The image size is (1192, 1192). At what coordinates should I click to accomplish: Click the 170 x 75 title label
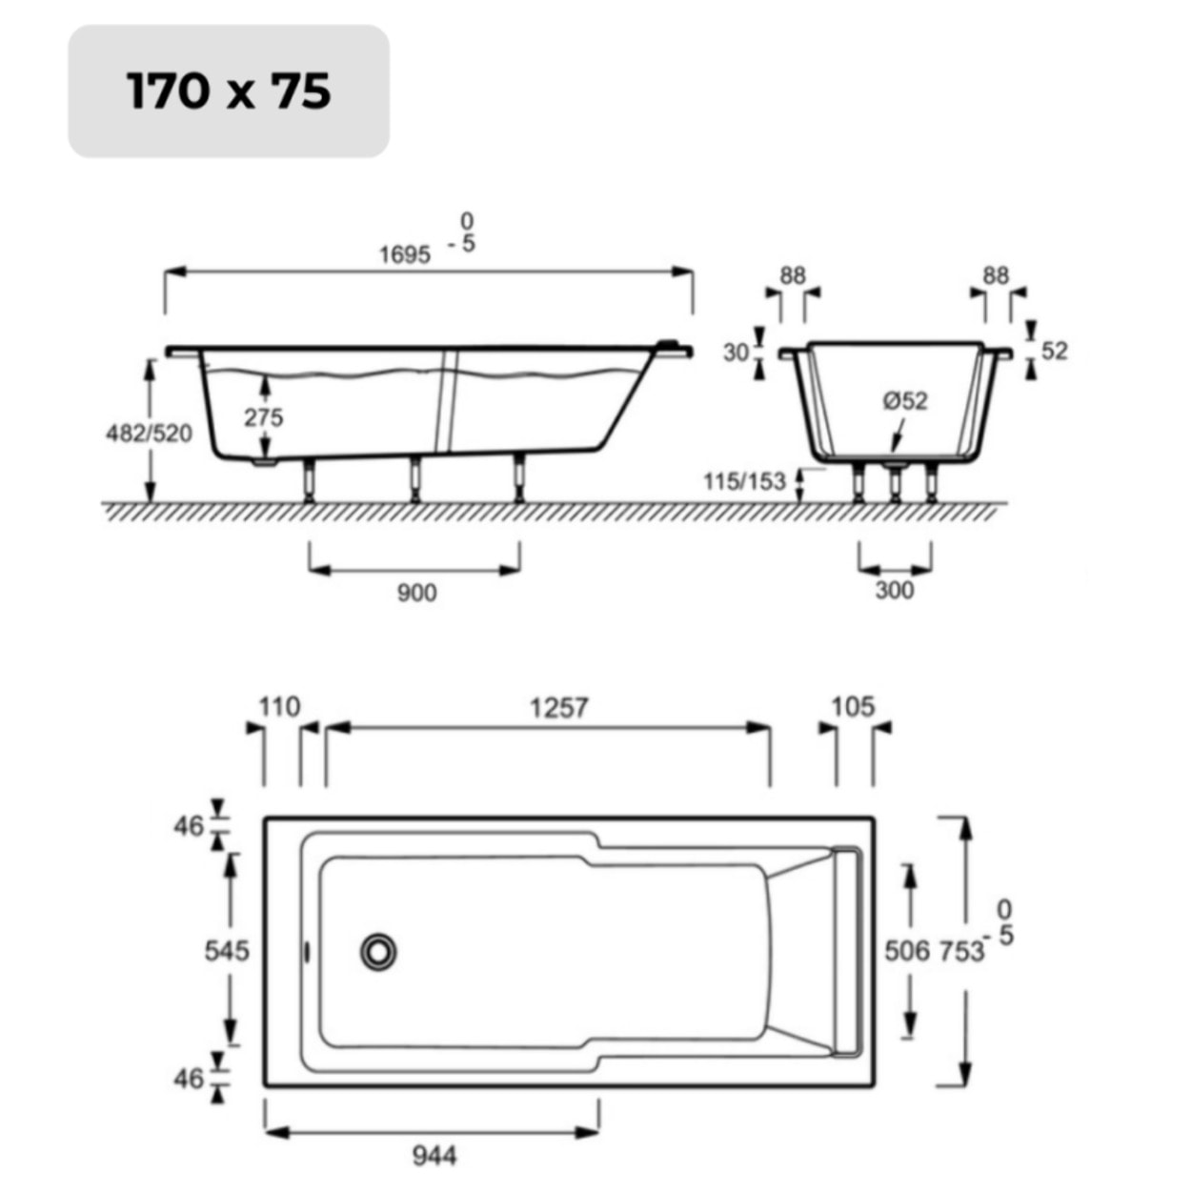pos(229,91)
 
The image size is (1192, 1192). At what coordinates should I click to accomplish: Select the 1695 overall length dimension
pos(405,254)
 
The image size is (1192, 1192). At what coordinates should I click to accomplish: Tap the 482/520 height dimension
pos(148,434)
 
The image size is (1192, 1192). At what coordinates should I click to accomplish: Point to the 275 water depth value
pos(263,417)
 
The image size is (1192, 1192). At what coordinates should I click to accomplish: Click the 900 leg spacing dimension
pos(416,593)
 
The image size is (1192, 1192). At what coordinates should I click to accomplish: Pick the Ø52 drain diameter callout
pos(904,401)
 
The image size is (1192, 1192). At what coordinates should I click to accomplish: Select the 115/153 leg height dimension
pos(745,481)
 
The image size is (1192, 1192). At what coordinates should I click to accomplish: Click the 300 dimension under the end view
pos(894,591)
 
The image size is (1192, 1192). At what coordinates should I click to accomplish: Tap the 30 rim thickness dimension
pos(736,353)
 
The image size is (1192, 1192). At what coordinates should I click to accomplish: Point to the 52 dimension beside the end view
pos(1054,351)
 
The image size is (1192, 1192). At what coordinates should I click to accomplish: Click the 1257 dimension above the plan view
pos(558,708)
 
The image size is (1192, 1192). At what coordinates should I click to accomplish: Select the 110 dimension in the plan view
pos(279,708)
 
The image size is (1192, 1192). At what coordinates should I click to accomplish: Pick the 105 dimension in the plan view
pos(852,707)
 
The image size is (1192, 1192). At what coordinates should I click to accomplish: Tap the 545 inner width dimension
pos(227,950)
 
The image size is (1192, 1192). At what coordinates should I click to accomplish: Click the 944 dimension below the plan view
pos(434,1156)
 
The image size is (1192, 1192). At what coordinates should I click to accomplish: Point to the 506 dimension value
pos(906,951)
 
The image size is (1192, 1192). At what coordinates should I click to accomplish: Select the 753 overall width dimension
pos(960,951)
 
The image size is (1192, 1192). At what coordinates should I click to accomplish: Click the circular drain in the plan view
pos(378,951)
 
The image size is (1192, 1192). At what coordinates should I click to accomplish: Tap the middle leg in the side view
pos(414,477)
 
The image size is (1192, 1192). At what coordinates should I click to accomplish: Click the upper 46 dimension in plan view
pos(189,826)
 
